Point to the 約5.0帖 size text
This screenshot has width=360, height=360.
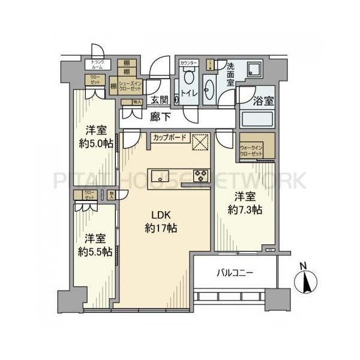95,143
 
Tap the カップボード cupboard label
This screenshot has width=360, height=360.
169,137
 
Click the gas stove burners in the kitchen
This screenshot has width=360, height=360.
200,175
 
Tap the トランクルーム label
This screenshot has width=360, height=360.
96,65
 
